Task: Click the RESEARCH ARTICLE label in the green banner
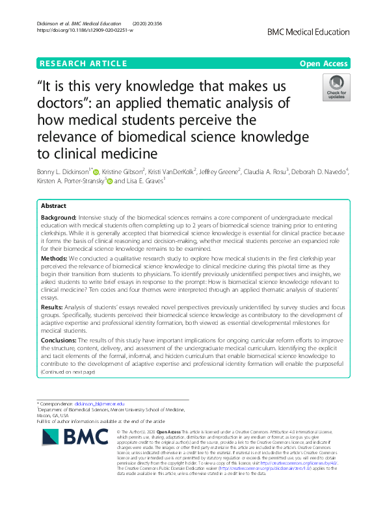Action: pyautogui.click(x=83, y=64)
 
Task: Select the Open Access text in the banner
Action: pyautogui.click(x=323, y=64)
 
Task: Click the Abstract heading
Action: pyautogui.click(x=53, y=206)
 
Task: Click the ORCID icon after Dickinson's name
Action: pyautogui.click(x=96, y=172)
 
